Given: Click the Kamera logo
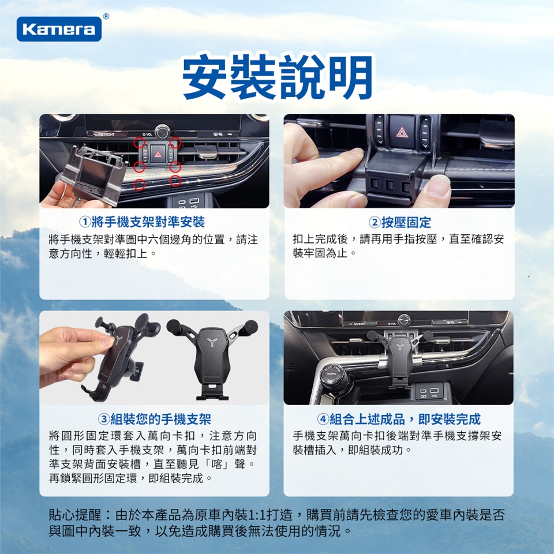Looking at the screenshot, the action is click(x=59, y=29).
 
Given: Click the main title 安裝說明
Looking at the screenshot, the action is click(x=278, y=77).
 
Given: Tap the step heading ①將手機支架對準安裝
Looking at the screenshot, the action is click(x=142, y=222).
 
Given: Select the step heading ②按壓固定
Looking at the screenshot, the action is click(x=399, y=222).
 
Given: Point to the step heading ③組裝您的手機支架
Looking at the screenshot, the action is click(x=155, y=419).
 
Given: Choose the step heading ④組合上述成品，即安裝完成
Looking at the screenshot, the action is click(x=399, y=419).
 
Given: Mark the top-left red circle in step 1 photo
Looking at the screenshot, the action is click(x=139, y=143).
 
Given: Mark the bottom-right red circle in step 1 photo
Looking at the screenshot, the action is click(x=175, y=181).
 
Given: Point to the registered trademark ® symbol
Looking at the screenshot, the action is click(x=106, y=16).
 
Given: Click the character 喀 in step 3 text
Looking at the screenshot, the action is click(x=216, y=463).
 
